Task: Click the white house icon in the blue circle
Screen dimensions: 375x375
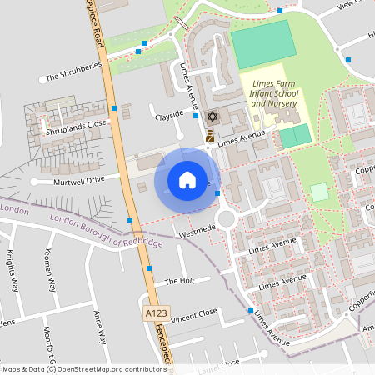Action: pos(187,179)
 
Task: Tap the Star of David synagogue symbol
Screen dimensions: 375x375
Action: pos(211,117)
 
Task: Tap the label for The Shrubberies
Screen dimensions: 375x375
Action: pos(73,77)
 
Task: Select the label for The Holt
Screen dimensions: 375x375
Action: pos(179,282)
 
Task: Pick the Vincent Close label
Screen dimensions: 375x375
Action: pos(193,315)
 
